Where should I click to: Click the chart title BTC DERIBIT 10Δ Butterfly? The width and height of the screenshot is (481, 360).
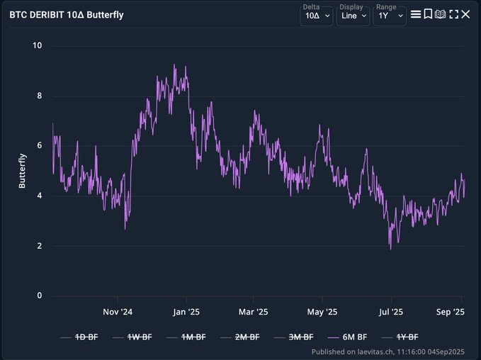67,14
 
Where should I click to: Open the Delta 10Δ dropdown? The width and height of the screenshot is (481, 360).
316,15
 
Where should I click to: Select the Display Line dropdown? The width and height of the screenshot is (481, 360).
353,15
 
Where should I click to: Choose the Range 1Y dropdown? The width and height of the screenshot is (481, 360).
390,15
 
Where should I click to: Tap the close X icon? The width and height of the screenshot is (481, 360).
465,14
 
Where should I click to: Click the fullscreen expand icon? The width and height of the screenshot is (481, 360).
453,14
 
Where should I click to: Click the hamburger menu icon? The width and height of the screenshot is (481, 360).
416,14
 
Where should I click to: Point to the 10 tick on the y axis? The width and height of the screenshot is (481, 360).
38,46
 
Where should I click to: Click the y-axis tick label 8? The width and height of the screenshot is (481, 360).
40,96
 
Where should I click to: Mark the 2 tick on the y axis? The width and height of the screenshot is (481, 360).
40,246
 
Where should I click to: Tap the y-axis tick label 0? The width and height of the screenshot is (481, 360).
40,296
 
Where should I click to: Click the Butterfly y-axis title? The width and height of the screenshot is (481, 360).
22,171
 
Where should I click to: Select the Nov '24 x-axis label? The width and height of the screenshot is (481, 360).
118,312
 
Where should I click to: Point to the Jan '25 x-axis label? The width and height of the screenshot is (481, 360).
185,312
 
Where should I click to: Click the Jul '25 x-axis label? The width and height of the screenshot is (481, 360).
390,312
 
